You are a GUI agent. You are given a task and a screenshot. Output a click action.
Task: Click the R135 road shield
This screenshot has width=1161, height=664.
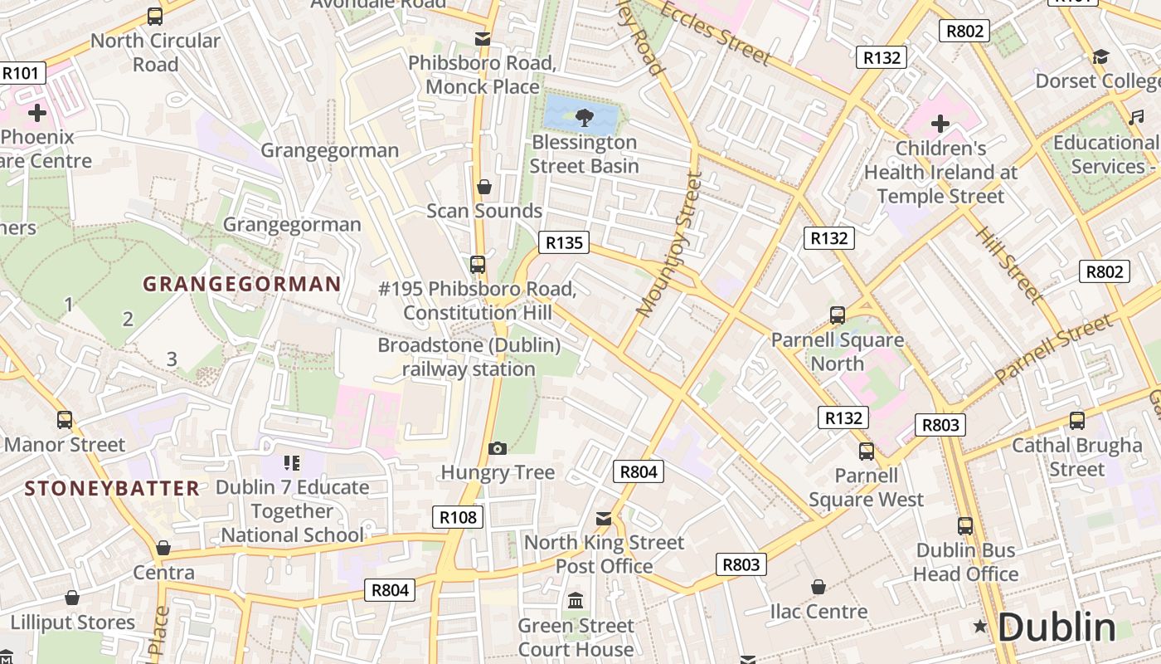(564, 242)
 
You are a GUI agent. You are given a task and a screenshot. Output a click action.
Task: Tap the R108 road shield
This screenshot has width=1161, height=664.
(458, 517)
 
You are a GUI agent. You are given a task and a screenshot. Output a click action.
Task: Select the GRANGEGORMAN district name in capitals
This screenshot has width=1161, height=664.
(241, 284)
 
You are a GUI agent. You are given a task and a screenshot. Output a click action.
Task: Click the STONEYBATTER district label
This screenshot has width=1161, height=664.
(112, 487)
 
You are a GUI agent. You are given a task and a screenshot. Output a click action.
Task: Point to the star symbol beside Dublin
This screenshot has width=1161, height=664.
(980, 627)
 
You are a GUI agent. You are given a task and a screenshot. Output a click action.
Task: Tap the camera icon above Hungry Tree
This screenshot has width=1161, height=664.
(498, 448)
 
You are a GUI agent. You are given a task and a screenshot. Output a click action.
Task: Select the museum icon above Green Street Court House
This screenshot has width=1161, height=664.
(576, 600)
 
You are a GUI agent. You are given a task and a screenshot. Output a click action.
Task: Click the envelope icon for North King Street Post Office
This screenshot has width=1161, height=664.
(604, 519)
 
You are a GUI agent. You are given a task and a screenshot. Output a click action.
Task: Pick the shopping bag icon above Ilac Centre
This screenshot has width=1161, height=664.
(819, 587)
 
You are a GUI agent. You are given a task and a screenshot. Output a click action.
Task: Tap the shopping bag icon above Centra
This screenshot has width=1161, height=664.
(163, 548)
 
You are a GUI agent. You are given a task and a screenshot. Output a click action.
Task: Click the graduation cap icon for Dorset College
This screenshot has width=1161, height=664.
(1100, 56)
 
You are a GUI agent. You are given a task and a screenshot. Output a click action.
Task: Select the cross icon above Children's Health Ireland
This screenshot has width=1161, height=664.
(940, 124)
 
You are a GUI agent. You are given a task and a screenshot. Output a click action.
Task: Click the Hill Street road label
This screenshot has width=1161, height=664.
(1008, 263)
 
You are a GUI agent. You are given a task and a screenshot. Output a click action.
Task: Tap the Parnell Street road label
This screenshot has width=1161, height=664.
(1052, 349)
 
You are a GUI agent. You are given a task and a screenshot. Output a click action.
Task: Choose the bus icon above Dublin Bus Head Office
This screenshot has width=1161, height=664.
(965, 525)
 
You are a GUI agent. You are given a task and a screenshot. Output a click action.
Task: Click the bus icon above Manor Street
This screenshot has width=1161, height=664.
(64, 420)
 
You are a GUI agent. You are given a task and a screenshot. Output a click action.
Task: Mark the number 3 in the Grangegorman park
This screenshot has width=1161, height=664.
(172, 359)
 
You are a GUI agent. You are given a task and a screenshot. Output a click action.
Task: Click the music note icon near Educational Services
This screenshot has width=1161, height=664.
(1135, 117)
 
